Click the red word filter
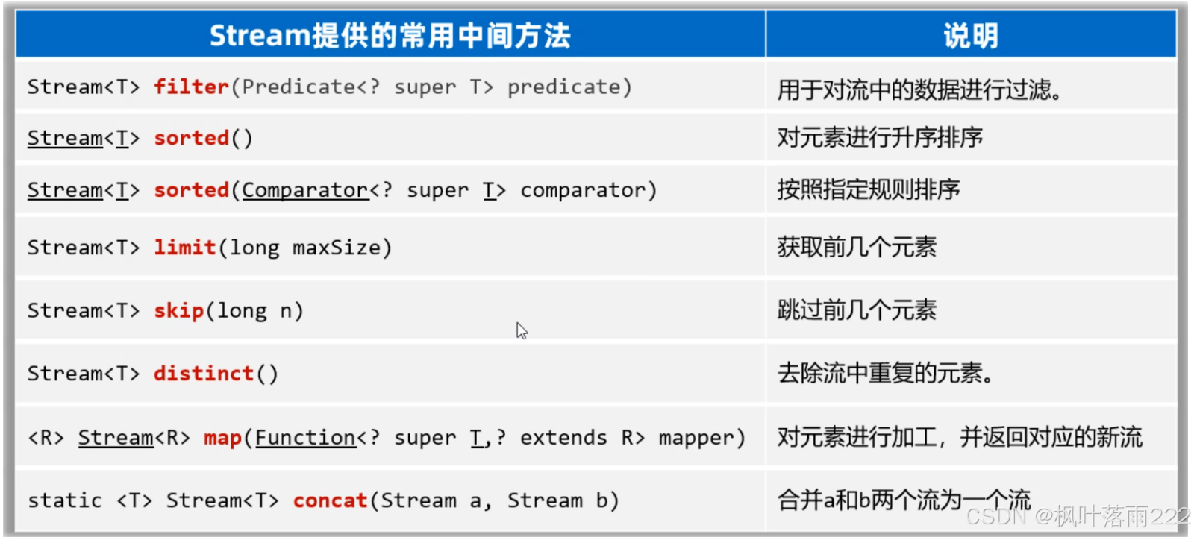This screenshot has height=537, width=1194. (191, 87)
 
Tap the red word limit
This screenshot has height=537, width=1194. (184, 248)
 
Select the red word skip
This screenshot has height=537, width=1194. (178, 310)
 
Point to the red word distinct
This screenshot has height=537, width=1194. (204, 373)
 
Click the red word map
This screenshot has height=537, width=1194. (222, 438)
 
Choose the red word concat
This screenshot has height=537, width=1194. (330, 500)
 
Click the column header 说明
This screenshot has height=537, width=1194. (970, 36)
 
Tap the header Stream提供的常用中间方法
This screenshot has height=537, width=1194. (390, 36)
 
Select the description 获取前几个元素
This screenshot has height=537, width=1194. (856, 247)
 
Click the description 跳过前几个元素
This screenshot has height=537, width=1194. (856, 310)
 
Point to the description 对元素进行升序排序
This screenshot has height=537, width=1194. (879, 137)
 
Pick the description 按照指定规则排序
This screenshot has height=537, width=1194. (868, 189)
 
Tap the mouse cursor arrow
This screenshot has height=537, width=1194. (521, 330)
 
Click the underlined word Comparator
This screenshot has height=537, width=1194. (304, 191)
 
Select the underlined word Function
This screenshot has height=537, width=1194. (305, 438)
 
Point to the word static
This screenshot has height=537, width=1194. (64, 500)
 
